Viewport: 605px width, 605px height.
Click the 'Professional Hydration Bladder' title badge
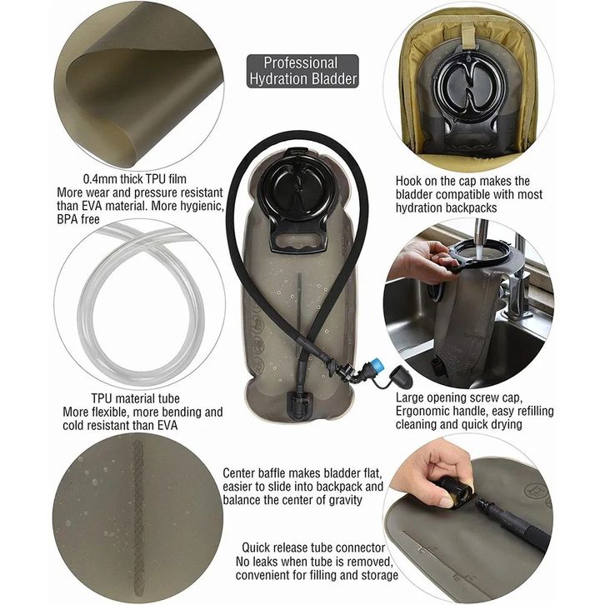(302, 71)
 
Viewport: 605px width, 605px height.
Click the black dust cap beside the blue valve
(402, 377)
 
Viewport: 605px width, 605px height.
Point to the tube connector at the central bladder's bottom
(298, 404)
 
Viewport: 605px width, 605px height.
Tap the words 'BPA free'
(78, 219)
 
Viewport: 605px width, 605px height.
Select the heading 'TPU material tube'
(136, 398)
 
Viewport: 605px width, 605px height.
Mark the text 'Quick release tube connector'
(313, 547)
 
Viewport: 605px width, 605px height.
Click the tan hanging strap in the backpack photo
(468, 35)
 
